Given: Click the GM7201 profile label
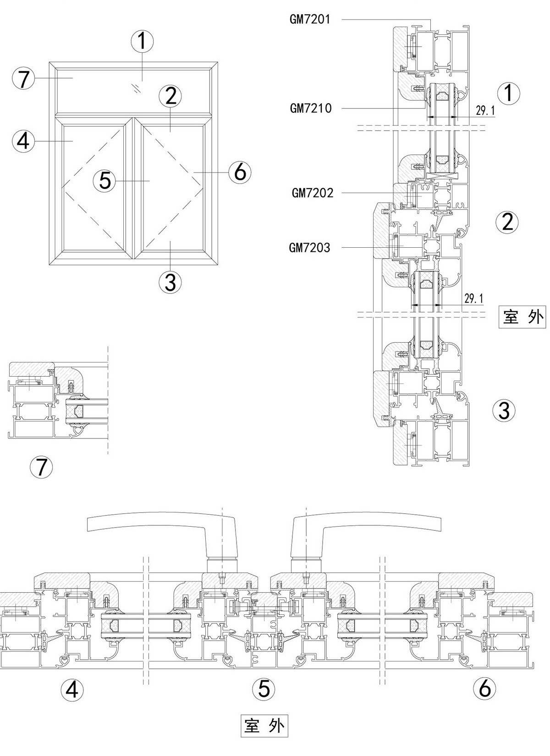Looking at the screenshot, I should coord(310,19).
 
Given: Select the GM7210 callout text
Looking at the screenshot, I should coord(311,109).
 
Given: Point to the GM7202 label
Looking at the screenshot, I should coord(313,193).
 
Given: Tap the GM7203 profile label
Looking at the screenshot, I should coord(309,248).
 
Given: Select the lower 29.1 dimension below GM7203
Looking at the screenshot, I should coord(474,299).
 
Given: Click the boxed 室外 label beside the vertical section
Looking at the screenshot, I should coord(522,317).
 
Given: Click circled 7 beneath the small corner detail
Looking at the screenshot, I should coord(41,467).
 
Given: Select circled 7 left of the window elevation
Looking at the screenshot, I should coord(23,79).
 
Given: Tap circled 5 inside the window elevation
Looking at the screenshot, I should coord(105,181).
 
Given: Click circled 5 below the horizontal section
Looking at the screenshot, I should coord(264,689).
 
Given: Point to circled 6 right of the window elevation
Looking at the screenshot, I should coord(240,172).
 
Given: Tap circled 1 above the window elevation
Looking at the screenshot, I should coord(142,41).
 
